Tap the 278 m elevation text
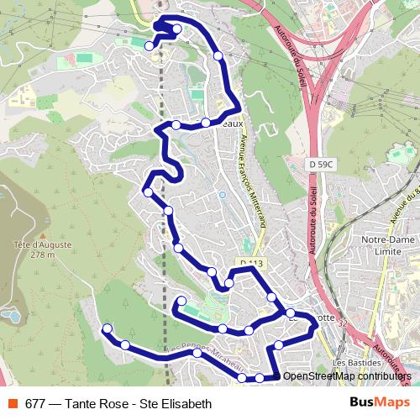coord(39,255)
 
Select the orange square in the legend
coord(11,403)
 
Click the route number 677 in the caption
coord(34,403)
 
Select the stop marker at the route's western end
coord(107,328)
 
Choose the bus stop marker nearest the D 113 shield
coord(228,284)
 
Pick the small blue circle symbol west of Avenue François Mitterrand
coord(222,194)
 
